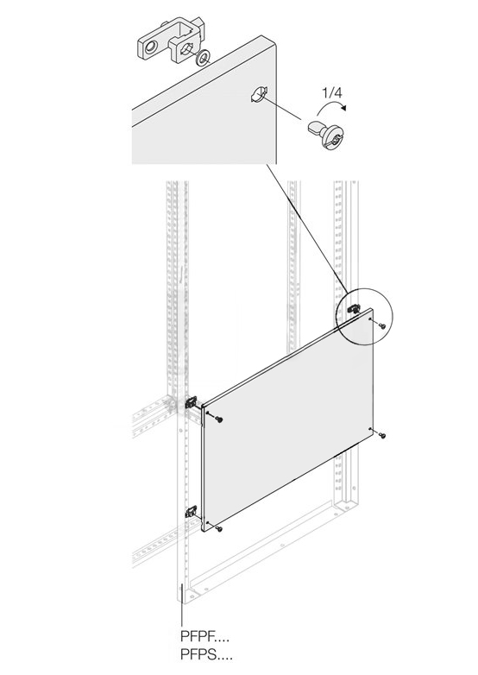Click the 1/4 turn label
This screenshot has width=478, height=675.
(331, 92)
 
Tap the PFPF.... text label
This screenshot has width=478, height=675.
(204, 636)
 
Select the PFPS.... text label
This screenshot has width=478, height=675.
(206, 655)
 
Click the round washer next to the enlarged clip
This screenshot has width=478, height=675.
(202, 57)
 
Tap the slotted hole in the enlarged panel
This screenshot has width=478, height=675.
(259, 95)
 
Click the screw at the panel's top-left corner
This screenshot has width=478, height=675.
(220, 420)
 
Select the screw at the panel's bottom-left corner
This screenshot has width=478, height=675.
(220, 528)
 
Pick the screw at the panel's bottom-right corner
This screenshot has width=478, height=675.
(382, 436)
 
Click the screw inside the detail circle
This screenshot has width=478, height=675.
(382, 326)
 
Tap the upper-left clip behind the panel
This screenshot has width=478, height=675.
(192, 402)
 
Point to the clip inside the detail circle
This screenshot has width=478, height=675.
(354, 308)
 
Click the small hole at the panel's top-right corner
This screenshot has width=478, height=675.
(370, 319)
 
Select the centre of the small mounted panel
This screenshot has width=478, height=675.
(287, 420)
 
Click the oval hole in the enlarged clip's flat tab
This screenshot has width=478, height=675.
(150, 47)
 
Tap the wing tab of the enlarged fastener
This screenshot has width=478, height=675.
(316, 127)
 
